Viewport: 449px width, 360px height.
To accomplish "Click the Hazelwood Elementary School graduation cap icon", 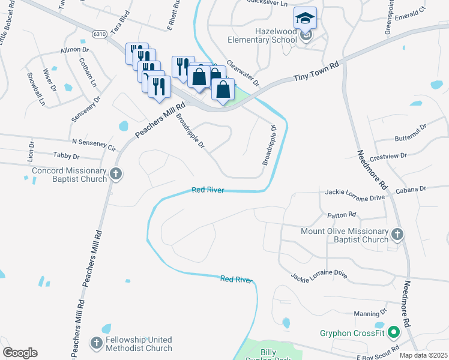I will point(305,17).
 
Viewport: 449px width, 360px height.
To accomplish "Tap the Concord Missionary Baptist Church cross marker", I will point(116,175).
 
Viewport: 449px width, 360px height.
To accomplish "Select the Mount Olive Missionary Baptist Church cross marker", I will point(396,233).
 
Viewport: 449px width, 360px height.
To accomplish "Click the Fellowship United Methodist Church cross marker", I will point(96,343).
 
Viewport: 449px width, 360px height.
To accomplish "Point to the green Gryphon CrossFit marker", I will point(394,331).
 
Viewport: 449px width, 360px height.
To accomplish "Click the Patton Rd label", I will point(342,214).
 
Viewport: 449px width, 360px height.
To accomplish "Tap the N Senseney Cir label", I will point(93,143).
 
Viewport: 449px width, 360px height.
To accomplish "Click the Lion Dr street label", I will point(31,152).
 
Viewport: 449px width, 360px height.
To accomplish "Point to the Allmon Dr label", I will point(74,50).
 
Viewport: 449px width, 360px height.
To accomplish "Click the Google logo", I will point(20,353).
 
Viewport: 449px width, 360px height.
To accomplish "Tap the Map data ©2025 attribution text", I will point(424,355).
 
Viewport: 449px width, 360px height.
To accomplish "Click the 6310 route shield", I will point(100,34).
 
